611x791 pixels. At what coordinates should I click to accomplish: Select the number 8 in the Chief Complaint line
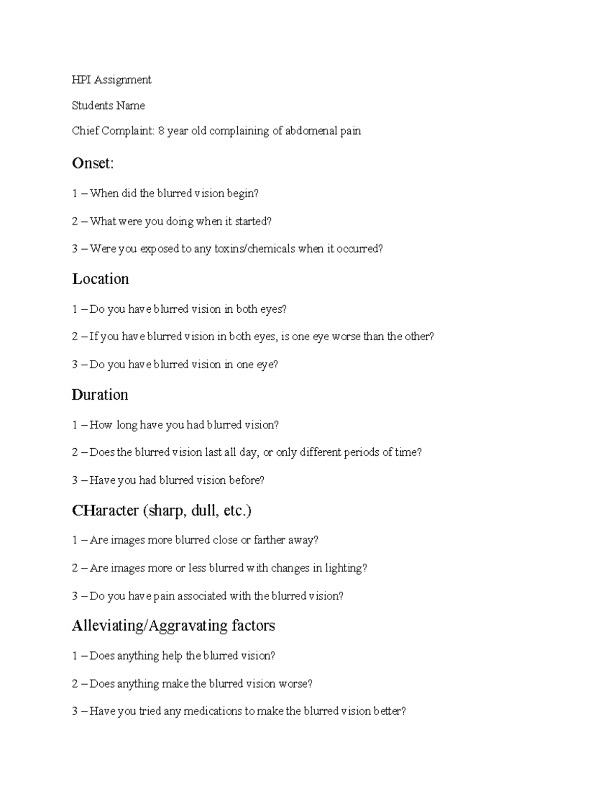coord(161,131)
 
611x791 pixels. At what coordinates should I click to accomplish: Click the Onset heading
coord(93,163)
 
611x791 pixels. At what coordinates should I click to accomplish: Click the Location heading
coord(100,279)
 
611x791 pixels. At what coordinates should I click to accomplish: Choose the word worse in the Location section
coord(346,337)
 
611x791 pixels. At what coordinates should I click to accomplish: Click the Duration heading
coord(100,395)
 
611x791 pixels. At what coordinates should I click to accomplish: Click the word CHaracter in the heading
coord(105,510)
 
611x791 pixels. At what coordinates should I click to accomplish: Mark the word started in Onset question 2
coord(253,221)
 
